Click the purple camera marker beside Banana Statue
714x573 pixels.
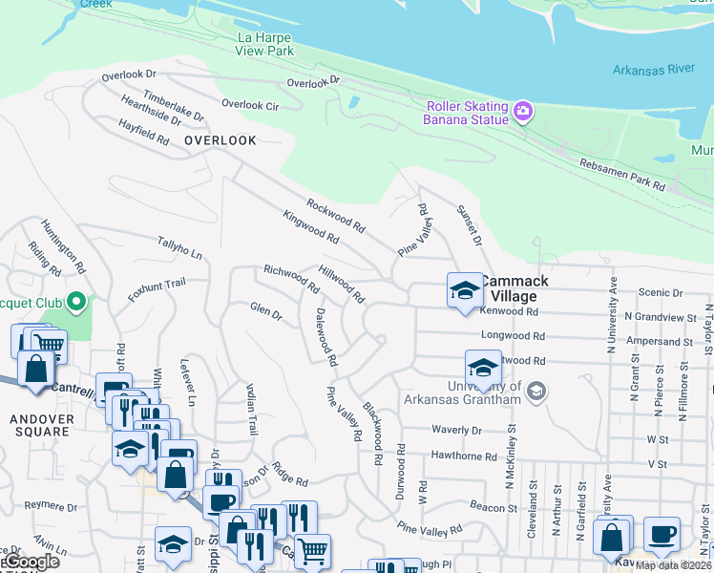click(522, 112)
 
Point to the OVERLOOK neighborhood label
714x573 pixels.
click(220, 140)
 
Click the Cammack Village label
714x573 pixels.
click(514, 288)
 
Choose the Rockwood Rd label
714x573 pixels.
click(336, 216)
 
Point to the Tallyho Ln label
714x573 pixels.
click(179, 248)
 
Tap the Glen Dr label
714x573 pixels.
click(266, 311)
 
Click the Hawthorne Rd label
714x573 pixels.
click(463, 456)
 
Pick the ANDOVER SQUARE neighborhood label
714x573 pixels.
click(40, 425)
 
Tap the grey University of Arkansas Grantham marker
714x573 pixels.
click(535, 391)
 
